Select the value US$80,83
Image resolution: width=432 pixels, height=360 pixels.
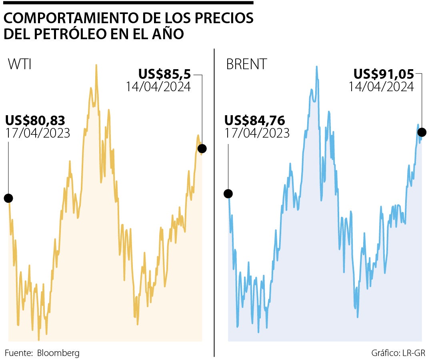[x=35, y=120]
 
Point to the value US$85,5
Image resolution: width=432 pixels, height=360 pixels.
[x=164, y=74]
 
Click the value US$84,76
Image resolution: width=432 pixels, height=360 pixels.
[x=254, y=120]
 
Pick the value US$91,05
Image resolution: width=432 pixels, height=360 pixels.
[x=384, y=74]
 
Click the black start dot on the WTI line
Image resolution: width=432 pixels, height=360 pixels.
[x=8, y=198]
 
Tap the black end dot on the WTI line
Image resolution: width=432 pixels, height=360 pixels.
[x=202, y=149]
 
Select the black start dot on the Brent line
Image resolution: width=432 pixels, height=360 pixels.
[x=228, y=194]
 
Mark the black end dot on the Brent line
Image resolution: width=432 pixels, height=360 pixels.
[x=422, y=132]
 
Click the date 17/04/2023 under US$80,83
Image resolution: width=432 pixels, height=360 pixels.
[x=38, y=133]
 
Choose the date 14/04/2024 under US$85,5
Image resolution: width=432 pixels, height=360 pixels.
[x=158, y=87]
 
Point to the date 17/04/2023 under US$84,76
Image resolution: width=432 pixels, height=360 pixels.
[x=257, y=133]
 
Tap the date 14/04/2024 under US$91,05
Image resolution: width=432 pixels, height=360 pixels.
[x=381, y=87]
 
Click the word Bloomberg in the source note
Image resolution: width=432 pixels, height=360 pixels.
[x=58, y=353]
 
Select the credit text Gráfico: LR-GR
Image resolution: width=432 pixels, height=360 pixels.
[x=398, y=353]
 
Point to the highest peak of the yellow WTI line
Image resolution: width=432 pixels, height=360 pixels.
[x=96, y=65]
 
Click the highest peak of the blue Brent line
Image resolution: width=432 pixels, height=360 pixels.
[x=316, y=67]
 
